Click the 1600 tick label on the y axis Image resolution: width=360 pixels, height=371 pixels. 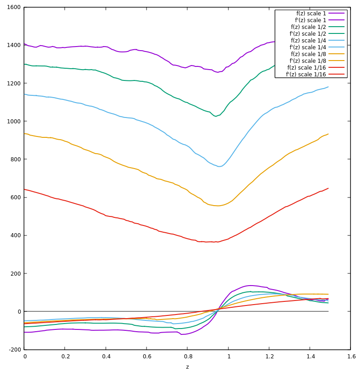click(13, 7)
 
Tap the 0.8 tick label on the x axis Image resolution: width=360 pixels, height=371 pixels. click(187, 357)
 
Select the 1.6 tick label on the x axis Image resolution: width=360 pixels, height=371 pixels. click(351, 357)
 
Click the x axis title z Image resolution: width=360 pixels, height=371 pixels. click(187, 366)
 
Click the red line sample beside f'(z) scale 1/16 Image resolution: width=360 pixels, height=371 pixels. click(336, 75)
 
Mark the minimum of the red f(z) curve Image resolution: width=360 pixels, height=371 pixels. click(207, 242)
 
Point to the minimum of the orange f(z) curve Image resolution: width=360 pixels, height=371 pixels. click(218, 206)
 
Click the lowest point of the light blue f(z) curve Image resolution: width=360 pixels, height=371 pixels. click(219, 166)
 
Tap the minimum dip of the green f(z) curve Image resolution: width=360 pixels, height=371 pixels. click(215, 116)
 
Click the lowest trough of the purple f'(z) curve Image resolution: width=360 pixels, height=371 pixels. click(182, 334)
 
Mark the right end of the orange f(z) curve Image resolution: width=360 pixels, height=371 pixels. click(328, 134)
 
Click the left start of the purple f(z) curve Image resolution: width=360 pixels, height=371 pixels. click(24, 44)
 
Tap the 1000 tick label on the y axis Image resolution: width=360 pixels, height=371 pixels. click(13, 121)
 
